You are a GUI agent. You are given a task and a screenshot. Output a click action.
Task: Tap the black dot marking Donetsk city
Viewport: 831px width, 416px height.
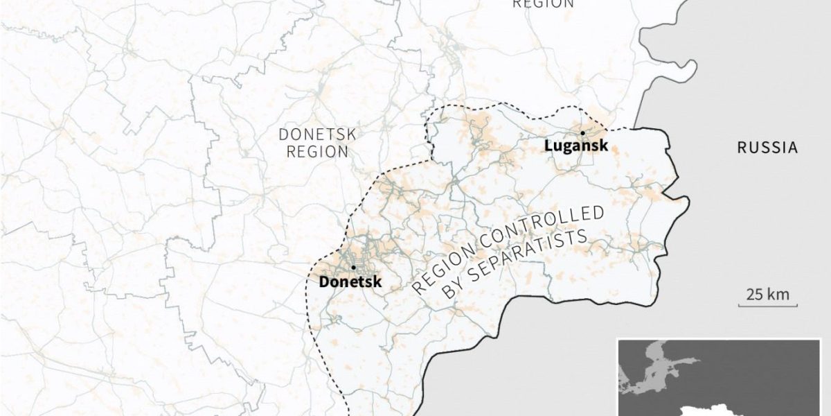pyautogui.click(x=353, y=267)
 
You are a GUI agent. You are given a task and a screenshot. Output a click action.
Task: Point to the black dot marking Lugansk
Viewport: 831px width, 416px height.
pyautogui.click(x=582, y=132)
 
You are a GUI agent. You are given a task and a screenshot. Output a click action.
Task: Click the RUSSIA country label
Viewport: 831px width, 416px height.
pyautogui.click(x=767, y=147)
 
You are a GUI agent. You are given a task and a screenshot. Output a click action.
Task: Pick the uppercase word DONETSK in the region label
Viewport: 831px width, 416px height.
pyautogui.click(x=316, y=134)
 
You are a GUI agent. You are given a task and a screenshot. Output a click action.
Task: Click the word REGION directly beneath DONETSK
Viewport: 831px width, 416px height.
pyautogui.click(x=316, y=151)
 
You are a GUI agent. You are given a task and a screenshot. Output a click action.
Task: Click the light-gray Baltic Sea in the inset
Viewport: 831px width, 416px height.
pyautogui.click(x=654, y=371)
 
